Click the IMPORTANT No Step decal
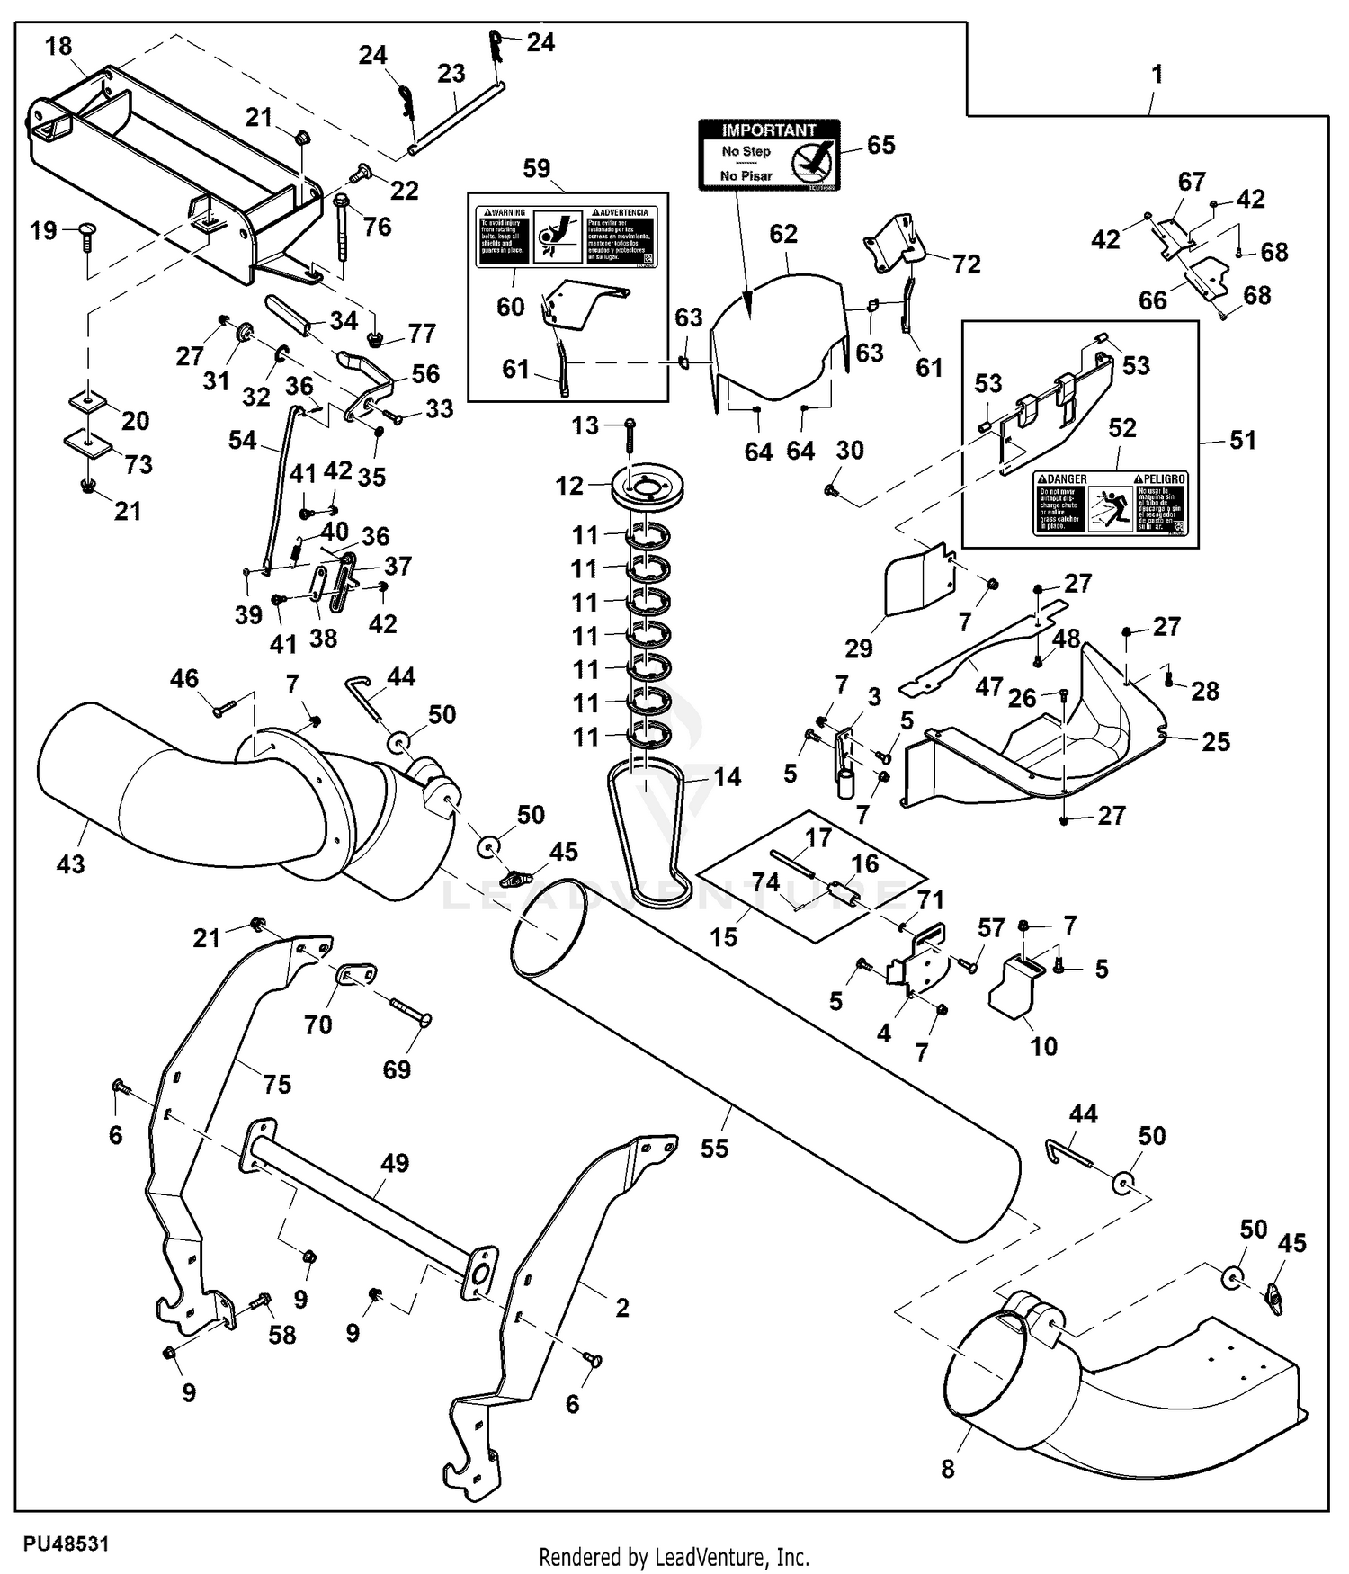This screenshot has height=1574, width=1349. pos(769,154)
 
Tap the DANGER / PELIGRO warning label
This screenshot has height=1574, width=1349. pos(1111,503)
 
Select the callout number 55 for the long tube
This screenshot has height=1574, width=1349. pos(714,1149)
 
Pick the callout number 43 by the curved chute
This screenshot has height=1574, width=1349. pos(70,864)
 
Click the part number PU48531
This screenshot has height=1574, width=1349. pos(66,1543)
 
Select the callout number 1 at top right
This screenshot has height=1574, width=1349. pos(1157,74)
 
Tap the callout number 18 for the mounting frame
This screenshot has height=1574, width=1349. pos(58,47)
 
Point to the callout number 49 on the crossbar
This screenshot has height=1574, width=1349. pos(395,1163)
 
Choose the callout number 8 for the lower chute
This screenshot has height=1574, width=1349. pos(948,1469)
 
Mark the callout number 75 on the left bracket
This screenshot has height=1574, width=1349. pos(277,1085)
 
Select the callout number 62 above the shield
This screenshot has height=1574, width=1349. pos(783,234)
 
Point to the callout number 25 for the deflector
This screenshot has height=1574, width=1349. pos(1216,742)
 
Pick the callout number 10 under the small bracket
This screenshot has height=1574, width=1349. pos(1043,1046)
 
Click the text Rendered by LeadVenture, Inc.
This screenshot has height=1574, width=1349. pos(674,1557)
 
